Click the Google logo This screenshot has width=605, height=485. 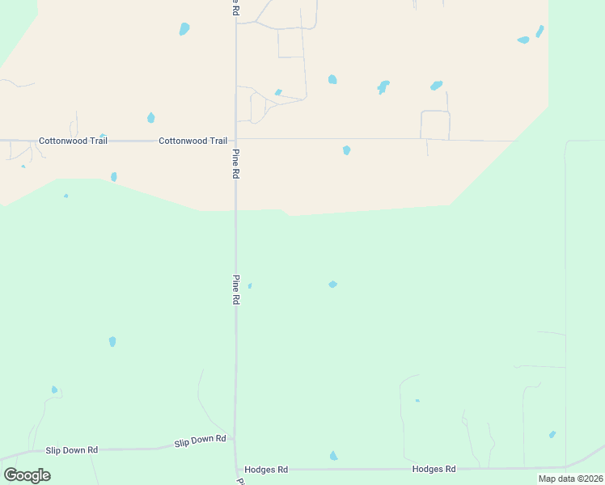[x=27, y=474]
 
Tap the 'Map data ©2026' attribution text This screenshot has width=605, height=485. [x=570, y=479]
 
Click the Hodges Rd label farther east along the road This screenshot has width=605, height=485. [x=434, y=469]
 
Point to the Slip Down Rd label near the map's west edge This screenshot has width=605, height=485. [x=71, y=449]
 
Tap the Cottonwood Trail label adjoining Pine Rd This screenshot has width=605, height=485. [x=192, y=141]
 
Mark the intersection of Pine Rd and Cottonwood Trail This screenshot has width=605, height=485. [x=236, y=139]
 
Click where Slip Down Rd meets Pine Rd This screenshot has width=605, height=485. [x=235, y=439]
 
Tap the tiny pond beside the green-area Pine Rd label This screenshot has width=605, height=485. [x=250, y=285]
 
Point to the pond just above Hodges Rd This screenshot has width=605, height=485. [x=333, y=457]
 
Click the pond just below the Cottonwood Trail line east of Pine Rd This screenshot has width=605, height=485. [x=346, y=150]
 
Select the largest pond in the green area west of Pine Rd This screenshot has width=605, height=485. [x=112, y=342]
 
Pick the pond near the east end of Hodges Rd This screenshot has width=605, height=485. [x=552, y=434]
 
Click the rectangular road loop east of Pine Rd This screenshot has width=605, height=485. [x=435, y=124]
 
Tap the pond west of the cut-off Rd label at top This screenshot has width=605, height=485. [x=184, y=30]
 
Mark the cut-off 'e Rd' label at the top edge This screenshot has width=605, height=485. [x=235, y=8]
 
